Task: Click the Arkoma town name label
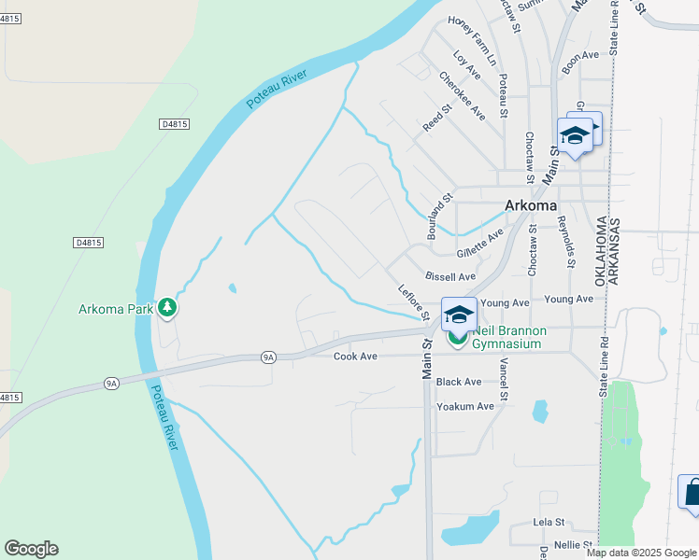[x=530, y=205]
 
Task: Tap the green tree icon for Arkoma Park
[x=167, y=307]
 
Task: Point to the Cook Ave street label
[x=355, y=357]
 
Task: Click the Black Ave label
[x=458, y=382]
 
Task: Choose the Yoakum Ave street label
[x=464, y=406]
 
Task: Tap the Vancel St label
[x=504, y=381]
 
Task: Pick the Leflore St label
[x=412, y=302]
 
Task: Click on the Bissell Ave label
[x=450, y=277]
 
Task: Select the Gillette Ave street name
[x=480, y=244]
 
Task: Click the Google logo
[x=31, y=549]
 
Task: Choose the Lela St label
[x=549, y=522]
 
